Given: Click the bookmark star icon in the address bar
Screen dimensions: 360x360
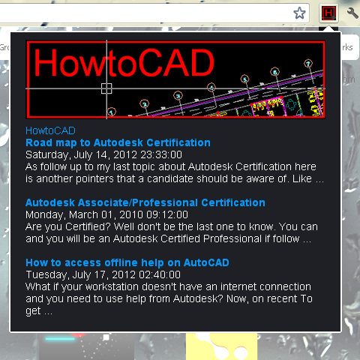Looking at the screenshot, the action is coord(299,13).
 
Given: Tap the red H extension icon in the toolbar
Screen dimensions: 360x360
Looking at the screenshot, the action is coord(328,13).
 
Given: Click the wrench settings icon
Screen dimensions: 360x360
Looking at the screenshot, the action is coord(352,13).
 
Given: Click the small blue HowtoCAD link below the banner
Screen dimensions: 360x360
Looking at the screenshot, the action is coord(50,130).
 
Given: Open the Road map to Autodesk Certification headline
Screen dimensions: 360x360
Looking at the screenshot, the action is coord(118,142).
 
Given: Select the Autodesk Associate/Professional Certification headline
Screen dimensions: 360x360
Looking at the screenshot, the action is coord(145,202).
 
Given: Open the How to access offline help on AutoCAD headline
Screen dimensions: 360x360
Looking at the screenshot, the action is coord(127,262).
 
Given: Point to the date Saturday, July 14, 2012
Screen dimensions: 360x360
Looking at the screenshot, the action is coord(81,155).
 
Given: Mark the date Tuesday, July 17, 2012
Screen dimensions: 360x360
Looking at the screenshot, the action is coord(80,275).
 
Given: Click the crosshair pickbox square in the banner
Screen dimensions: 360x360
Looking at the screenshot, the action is coord(106,88).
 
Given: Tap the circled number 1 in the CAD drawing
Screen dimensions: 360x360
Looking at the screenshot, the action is coord(111,112).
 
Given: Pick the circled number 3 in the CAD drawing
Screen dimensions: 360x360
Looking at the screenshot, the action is coord(178,95).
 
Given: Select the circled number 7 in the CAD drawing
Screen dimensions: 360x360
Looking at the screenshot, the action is coord(308,64).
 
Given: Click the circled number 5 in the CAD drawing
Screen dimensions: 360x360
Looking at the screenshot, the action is coord(244,79).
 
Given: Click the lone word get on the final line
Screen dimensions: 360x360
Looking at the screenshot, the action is coord(33,311).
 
